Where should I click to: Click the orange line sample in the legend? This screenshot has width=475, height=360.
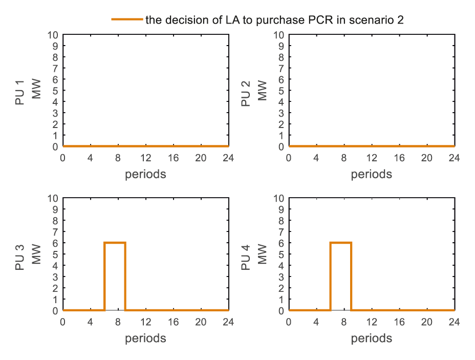pyautogui.click(x=126, y=19)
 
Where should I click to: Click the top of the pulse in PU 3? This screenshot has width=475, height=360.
pyautogui.click(x=115, y=243)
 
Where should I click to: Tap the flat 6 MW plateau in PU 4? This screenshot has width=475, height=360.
pyautogui.click(x=341, y=243)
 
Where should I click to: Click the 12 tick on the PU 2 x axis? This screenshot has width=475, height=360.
pyautogui.click(x=372, y=158)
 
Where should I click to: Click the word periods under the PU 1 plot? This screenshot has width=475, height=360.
pyautogui.click(x=145, y=174)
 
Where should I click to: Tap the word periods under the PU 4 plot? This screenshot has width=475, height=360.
pyautogui.click(x=372, y=338)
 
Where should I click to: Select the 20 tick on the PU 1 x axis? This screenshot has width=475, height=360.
pyautogui.click(x=201, y=158)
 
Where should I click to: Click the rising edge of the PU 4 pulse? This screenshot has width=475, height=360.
pyautogui.click(x=331, y=277)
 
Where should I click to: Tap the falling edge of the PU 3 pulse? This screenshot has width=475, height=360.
pyautogui.click(x=125, y=277)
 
